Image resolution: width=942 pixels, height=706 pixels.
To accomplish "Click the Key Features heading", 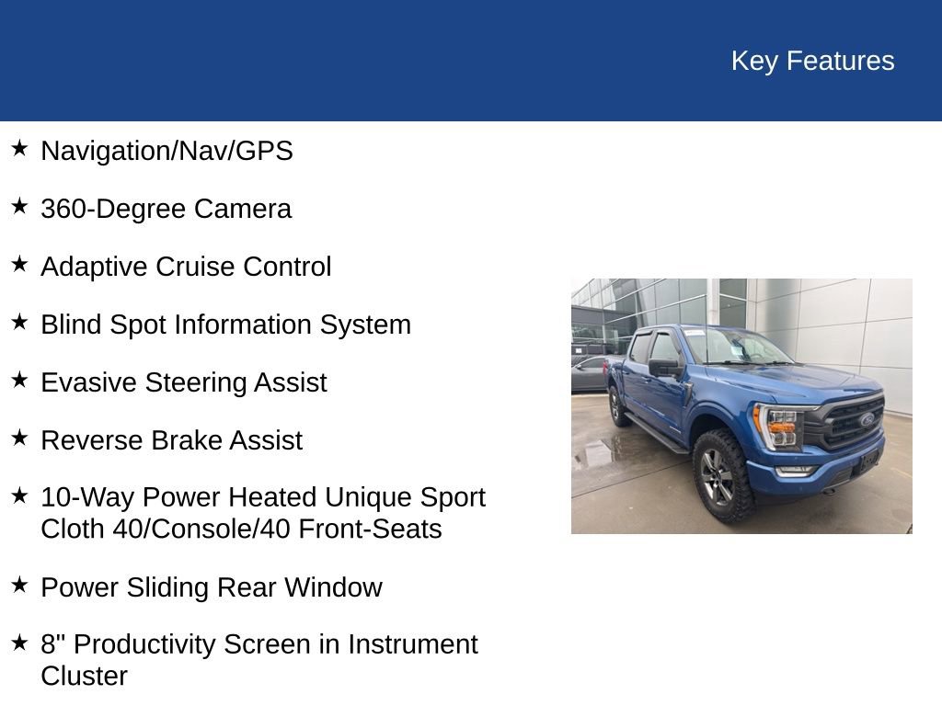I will click(812, 61).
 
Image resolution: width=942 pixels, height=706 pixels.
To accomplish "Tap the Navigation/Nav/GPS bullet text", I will click(167, 151).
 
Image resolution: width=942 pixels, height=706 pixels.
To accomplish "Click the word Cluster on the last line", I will click(84, 677).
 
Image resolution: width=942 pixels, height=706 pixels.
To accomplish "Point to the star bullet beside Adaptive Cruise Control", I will click(19, 265).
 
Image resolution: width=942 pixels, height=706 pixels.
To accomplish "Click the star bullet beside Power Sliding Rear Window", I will click(19, 586).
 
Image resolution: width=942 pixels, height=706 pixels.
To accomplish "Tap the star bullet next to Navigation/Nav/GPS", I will click(19, 149).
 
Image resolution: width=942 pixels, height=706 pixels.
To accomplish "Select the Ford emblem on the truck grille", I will click(866, 419).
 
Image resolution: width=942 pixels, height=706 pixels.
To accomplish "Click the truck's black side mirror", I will click(664, 368).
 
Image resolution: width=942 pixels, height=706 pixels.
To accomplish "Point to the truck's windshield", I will click(732, 346).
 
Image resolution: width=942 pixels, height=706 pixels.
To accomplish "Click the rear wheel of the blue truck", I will click(617, 405).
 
